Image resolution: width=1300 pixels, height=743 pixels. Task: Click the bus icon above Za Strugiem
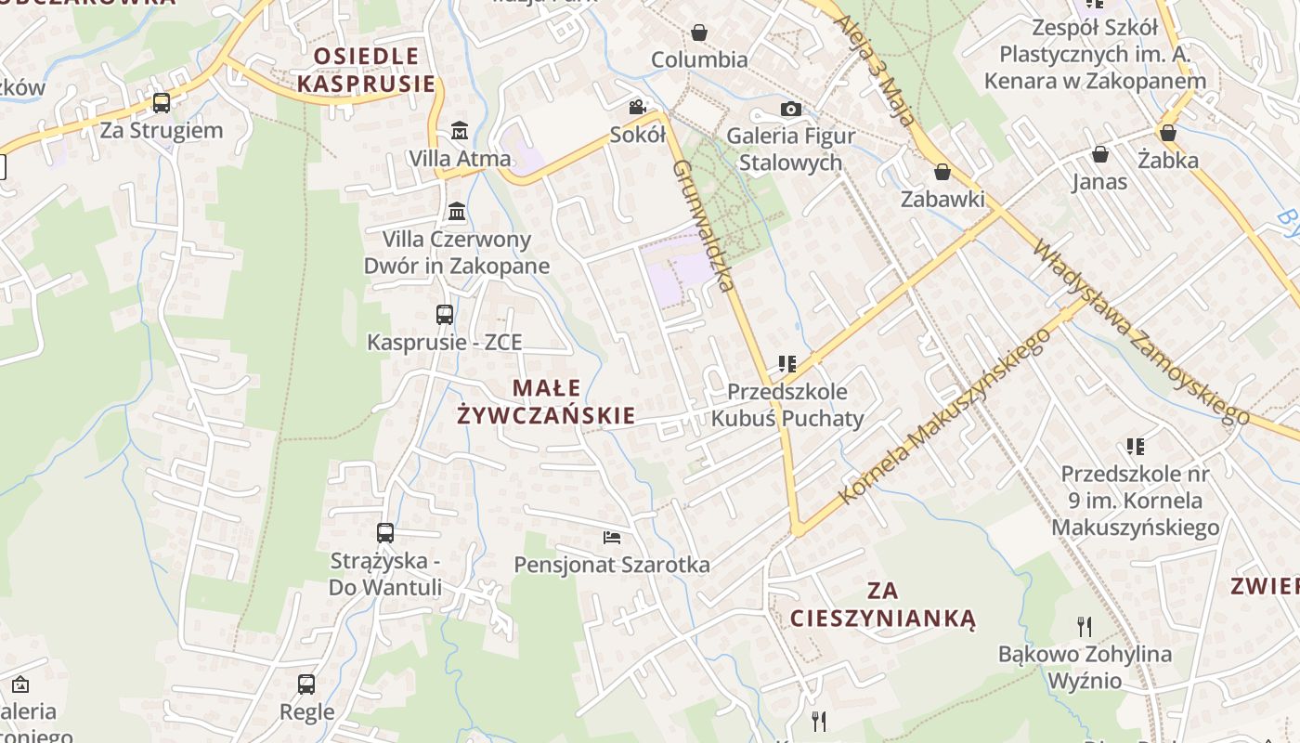(x=162, y=102)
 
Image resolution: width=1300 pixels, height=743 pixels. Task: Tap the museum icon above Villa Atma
(x=460, y=130)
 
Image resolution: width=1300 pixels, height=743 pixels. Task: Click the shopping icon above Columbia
(x=699, y=33)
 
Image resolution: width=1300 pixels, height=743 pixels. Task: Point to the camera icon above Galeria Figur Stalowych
(x=790, y=110)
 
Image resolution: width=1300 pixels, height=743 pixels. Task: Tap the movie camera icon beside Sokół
(x=637, y=107)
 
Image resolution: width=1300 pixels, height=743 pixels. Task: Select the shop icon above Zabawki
(x=942, y=172)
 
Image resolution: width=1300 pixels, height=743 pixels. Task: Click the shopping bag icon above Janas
(x=1100, y=154)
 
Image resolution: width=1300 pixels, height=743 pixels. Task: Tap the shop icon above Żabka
(x=1168, y=133)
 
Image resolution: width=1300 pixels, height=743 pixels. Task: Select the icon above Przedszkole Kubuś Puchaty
(x=787, y=363)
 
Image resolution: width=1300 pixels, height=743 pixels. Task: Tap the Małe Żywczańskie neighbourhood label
(x=546, y=401)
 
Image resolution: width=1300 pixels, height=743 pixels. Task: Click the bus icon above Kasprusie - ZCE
(x=445, y=315)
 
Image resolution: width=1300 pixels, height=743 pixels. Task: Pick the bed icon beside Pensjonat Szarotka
(x=611, y=537)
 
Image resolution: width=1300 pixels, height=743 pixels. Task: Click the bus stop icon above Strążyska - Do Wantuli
(x=385, y=533)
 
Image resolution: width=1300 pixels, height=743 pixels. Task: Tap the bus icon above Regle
(x=306, y=684)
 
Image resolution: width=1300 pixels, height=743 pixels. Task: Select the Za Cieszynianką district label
(x=882, y=604)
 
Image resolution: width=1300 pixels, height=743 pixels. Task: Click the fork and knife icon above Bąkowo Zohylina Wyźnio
(x=1085, y=626)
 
